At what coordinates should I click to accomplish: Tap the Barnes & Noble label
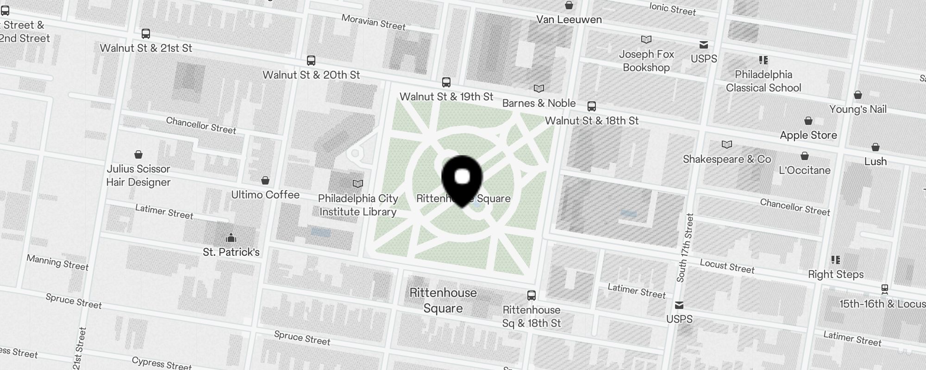[539, 103]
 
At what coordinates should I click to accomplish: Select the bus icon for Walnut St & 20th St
[311, 61]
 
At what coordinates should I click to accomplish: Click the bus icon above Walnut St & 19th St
[446, 82]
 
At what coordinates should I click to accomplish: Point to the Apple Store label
[808, 135]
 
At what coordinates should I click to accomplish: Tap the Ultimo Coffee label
[265, 195]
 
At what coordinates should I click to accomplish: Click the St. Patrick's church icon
[231, 238]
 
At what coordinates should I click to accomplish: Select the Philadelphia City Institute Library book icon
[358, 184]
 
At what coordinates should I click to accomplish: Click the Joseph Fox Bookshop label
[646, 61]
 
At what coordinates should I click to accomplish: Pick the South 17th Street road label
[685, 248]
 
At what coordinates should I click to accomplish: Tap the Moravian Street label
[373, 22]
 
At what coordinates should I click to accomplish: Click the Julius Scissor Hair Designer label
[138, 175]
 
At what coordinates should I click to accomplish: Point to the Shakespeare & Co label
[727, 160]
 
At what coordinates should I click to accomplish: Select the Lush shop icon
[876, 148]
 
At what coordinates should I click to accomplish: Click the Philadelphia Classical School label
[763, 81]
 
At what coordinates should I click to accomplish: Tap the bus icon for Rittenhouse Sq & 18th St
[532, 296]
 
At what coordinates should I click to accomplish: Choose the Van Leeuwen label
[569, 19]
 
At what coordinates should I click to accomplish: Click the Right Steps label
[836, 274]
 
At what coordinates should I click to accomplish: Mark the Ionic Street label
[672, 8]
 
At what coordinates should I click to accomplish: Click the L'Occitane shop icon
[805, 156]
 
